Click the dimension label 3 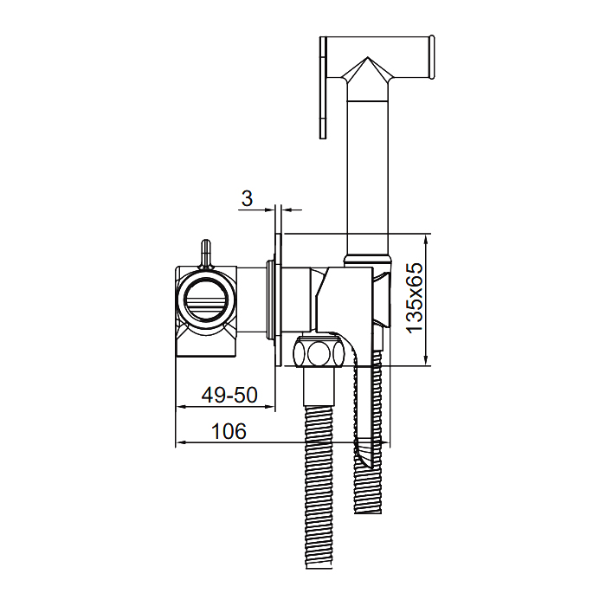point(247,198)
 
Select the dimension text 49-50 point(229,396)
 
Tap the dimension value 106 point(229,431)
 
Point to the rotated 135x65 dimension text point(415,298)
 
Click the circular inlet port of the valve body point(206,299)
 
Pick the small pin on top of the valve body point(206,254)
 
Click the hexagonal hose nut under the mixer point(318,352)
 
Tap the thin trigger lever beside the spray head point(324,87)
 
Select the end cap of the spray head point(431,57)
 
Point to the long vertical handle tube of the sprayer point(367,177)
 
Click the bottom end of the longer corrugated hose point(319,566)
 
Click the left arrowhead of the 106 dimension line point(181,443)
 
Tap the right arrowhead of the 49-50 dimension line point(270,407)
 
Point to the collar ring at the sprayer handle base point(367,260)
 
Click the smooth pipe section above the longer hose point(319,386)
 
